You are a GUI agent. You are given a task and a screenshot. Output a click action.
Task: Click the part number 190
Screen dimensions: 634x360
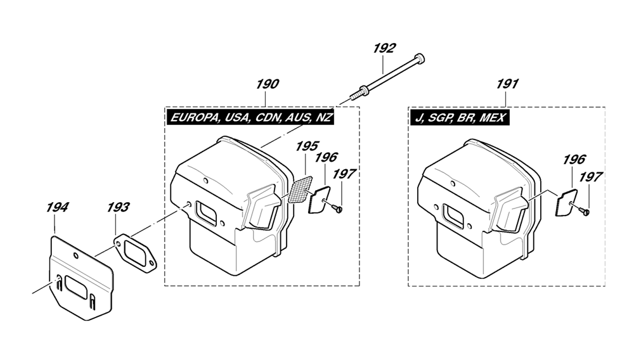tap(268, 84)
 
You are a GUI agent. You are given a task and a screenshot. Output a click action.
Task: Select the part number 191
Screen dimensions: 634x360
tap(507, 84)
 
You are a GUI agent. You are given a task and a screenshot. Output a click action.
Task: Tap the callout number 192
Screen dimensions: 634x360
tap(384, 48)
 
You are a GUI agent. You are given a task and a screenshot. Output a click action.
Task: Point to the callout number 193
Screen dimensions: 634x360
tap(118, 207)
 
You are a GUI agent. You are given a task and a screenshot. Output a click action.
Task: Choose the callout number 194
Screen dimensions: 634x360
tap(57, 207)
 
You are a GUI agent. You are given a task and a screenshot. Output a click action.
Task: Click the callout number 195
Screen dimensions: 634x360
tap(307, 146)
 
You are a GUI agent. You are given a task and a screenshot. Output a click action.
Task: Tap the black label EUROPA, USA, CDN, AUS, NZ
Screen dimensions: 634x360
tap(251, 118)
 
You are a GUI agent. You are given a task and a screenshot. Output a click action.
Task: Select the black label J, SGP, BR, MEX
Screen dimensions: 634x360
tap(460, 118)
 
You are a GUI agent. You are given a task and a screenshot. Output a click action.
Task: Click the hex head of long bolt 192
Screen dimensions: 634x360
tap(420, 59)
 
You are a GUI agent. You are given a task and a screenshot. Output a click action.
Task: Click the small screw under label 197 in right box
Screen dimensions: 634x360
tap(584, 210)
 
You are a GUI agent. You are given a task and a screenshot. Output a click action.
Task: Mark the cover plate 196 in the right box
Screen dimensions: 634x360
tap(566, 203)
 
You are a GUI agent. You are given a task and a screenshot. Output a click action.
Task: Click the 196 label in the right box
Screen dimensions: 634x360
tap(574, 160)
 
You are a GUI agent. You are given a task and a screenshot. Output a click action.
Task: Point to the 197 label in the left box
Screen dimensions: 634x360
tap(344, 174)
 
